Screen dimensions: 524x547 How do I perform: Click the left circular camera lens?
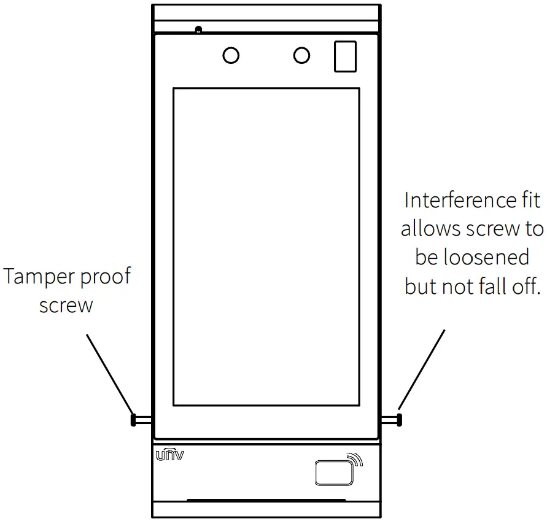[x=231, y=56]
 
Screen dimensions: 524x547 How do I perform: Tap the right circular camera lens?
[x=301, y=56]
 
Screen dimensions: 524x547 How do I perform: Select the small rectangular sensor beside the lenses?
[x=345, y=56]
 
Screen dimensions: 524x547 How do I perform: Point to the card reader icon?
[x=333, y=474]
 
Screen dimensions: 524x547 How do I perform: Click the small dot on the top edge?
[x=198, y=29]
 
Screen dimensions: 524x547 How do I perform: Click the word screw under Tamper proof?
[x=66, y=306]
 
